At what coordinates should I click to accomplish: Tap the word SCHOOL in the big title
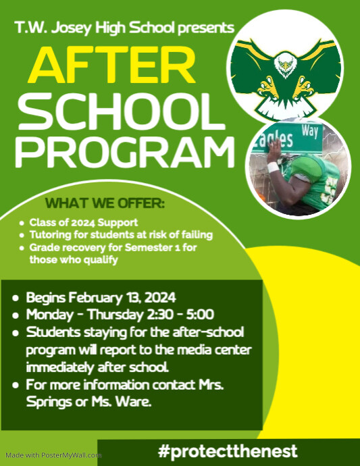click(120, 111)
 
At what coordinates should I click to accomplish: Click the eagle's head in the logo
click(287, 66)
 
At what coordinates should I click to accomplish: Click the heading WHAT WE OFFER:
click(105, 203)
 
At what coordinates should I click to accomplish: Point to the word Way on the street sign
click(311, 130)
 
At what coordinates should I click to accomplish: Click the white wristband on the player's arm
click(274, 166)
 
